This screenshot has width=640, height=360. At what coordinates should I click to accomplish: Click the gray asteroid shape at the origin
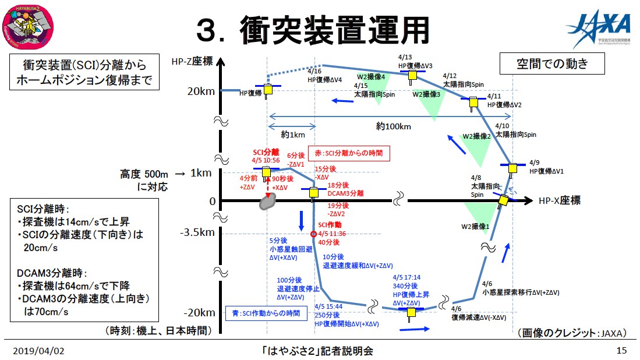click(x=268, y=202)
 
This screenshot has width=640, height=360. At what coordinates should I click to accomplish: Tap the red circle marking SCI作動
click(x=314, y=234)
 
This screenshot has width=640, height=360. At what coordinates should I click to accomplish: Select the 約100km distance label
click(x=394, y=126)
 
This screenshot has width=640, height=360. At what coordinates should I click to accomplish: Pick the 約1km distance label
click(x=292, y=135)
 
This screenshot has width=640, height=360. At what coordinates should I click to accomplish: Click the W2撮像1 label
click(x=475, y=226)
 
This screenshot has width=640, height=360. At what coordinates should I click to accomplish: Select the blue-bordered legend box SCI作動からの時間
click(x=266, y=313)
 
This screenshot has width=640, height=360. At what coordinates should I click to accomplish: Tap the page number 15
click(x=621, y=351)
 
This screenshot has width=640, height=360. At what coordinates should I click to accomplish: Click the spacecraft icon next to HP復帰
click(x=268, y=90)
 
